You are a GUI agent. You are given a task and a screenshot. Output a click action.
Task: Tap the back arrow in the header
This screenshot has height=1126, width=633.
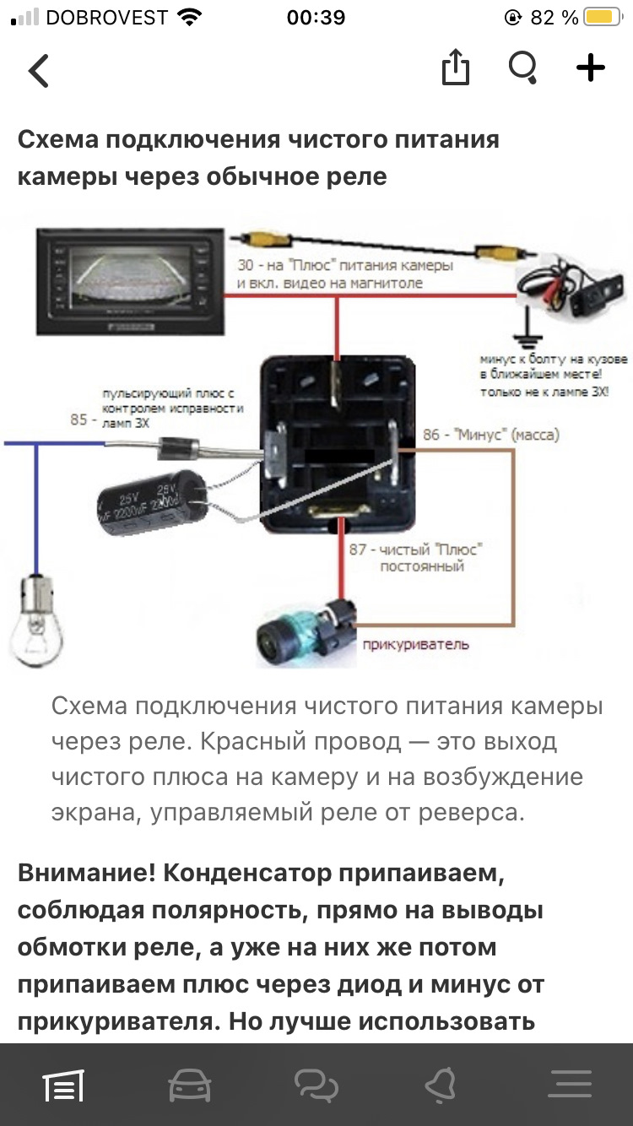pyautogui.click(x=39, y=71)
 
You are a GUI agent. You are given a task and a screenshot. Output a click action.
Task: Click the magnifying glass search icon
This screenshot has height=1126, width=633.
pyautogui.click(x=523, y=68)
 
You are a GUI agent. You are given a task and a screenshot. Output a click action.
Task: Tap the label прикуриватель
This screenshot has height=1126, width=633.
pyautogui.click(x=414, y=646)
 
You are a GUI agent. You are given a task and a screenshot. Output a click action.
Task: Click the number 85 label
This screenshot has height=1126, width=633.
pyautogui.click(x=78, y=419)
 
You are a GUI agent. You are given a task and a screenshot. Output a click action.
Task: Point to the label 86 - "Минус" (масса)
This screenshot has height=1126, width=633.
pyautogui.click(x=490, y=436)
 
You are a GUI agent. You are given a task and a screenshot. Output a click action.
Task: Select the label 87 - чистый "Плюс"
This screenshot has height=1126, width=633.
pyautogui.click(x=415, y=549)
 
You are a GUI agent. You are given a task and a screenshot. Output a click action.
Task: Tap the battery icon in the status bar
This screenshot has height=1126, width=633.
pyautogui.click(x=603, y=18)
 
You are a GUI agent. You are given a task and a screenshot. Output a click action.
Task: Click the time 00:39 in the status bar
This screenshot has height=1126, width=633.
pyautogui.click(x=316, y=18)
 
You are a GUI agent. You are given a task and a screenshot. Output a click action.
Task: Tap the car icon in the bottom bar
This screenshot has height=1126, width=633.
pyautogui.click(x=190, y=1085)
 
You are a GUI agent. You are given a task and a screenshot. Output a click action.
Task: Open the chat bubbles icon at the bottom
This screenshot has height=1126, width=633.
pyautogui.click(x=316, y=1085)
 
